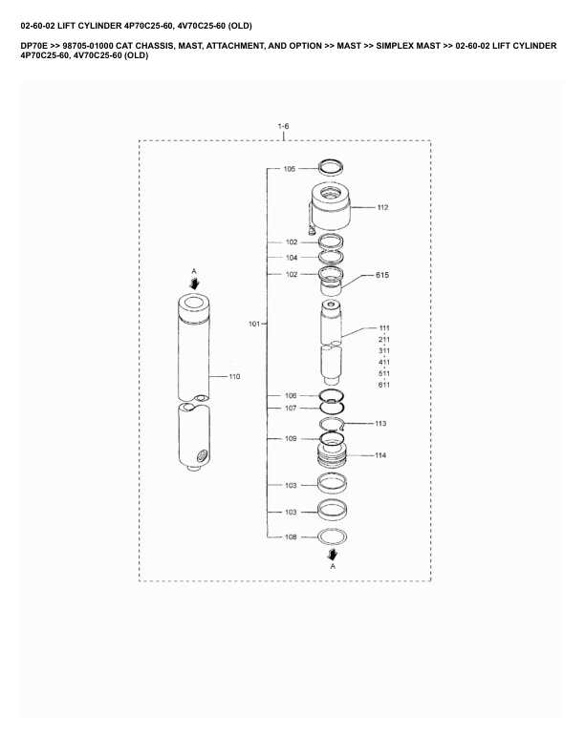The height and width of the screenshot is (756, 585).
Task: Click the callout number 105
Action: point(289,169)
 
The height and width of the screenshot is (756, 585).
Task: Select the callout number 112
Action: point(382,207)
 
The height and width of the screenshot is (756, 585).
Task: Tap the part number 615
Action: point(382,275)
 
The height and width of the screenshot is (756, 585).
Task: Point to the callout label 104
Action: point(291,258)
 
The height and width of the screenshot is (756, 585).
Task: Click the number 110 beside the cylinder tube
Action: point(234,376)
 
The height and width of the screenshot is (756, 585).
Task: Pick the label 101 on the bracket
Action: point(254,325)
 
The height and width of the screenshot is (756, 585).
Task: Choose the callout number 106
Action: point(291,395)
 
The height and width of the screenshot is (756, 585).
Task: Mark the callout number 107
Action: point(291,409)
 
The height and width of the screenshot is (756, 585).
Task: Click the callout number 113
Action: point(380,423)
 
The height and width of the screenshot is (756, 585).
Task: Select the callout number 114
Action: point(380,455)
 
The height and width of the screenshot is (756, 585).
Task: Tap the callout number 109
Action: point(291,439)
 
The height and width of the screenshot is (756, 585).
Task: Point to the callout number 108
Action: point(291,537)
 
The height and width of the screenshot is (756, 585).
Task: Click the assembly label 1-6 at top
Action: point(283,126)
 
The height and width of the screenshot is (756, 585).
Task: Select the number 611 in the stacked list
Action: point(383,385)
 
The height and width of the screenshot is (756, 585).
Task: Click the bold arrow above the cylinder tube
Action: point(194,283)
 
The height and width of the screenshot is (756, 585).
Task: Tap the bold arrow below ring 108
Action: point(332,553)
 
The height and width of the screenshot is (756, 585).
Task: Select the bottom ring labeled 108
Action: point(331,536)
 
